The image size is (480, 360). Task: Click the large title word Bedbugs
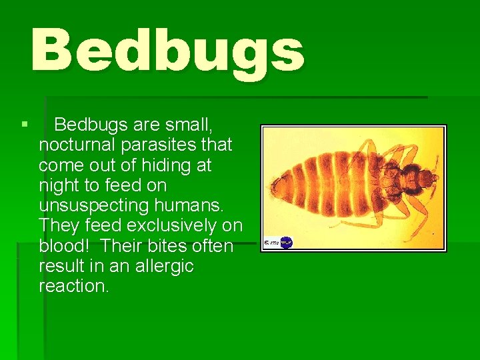point(167,51)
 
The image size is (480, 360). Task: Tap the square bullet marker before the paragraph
point(24,124)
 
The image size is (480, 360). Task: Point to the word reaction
point(73,287)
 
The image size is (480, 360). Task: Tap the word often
point(215,246)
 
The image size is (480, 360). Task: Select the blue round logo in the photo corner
point(287,242)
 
